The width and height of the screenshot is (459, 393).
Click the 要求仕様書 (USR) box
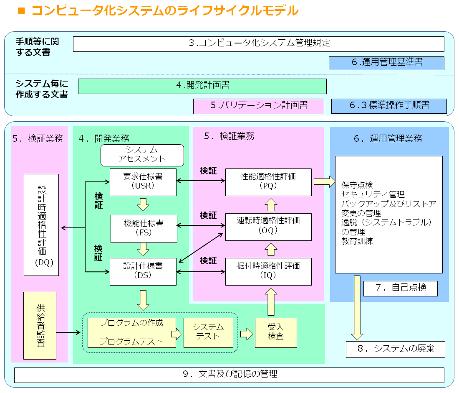(143, 182)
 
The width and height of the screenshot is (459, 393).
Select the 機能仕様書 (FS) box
(144, 228)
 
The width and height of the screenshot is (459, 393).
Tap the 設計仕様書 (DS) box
(143, 271)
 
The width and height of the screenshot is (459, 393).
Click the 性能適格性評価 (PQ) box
(268, 182)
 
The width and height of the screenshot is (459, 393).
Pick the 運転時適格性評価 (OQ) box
(268, 227)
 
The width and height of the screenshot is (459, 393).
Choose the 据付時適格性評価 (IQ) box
(268, 271)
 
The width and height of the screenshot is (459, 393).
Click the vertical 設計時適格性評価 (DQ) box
(41, 225)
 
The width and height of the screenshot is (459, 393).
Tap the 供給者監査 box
(40, 325)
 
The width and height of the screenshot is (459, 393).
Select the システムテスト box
(208, 332)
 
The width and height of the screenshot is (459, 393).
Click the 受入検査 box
(276, 332)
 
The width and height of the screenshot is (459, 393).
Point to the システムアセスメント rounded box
(142, 155)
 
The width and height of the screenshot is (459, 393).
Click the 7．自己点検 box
(400, 288)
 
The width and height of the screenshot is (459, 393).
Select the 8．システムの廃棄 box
(395, 349)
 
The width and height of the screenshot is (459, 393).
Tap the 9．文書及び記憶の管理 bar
(229, 375)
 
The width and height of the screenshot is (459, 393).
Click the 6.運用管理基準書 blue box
(386, 63)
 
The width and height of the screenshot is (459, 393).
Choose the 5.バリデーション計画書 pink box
(258, 106)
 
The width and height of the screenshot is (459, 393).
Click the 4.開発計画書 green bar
(202, 86)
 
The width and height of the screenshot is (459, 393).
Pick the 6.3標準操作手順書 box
(388, 106)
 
